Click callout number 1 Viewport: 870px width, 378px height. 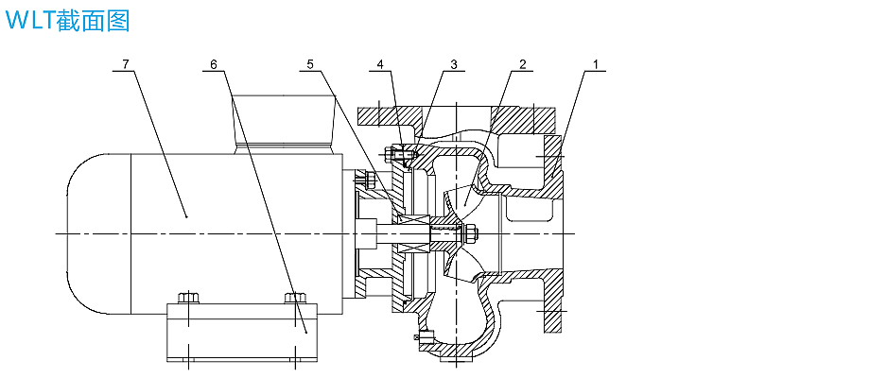pyautogui.click(x=596, y=64)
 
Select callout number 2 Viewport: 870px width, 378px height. pyautogui.click(x=521, y=64)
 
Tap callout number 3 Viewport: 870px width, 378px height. pyautogui.click(x=454, y=64)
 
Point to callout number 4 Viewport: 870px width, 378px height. pyautogui.click(x=380, y=64)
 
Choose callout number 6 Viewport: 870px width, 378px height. pyautogui.click(x=214, y=64)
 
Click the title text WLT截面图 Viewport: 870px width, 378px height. pyautogui.click(x=67, y=21)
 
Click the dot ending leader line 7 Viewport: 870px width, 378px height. pyautogui.click(x=186, y=216)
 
